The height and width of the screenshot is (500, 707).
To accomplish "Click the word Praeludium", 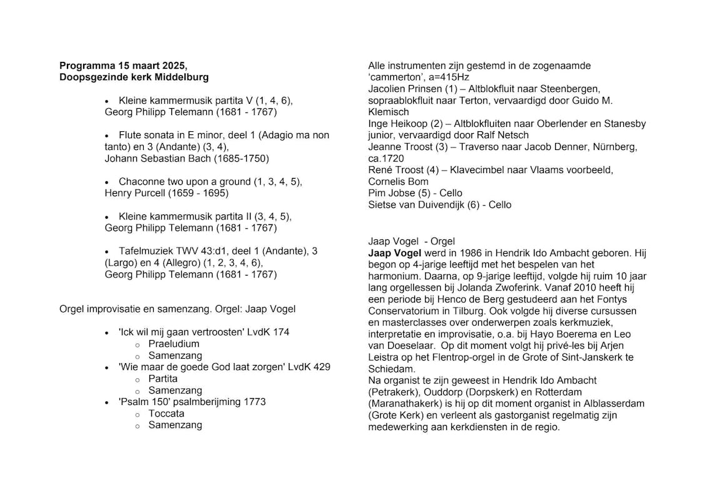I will [x=174, y=344].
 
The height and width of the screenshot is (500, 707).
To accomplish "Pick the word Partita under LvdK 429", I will [x=163, y=379].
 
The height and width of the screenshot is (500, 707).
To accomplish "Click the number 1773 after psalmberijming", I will [x=254, y=402].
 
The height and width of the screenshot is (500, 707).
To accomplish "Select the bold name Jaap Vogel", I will [x=394, y=253].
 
